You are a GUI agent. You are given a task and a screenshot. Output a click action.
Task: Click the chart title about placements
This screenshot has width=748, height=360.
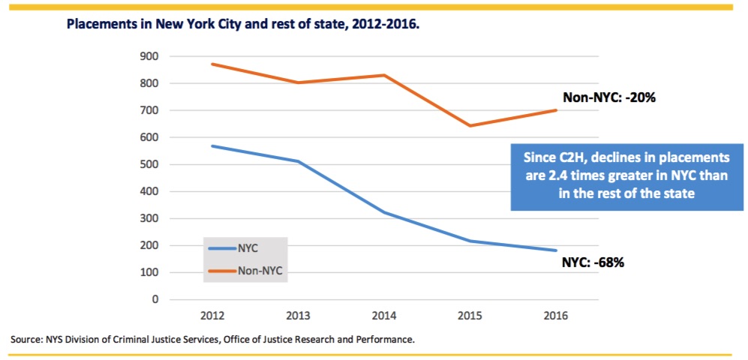point(242,24)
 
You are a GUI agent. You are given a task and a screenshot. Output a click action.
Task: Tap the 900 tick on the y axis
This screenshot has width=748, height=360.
point(149,56)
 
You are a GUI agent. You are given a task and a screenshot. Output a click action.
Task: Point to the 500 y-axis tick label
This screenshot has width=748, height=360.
point(149,164)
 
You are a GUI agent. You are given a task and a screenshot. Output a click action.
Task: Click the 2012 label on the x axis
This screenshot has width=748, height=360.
point(212,316)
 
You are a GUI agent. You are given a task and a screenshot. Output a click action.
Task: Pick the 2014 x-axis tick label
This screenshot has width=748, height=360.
point(385,316)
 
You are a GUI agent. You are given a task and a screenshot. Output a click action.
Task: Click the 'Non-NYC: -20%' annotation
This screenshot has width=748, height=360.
point(610,97)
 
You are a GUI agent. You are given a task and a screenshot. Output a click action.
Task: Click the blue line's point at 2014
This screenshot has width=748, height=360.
point(385,213)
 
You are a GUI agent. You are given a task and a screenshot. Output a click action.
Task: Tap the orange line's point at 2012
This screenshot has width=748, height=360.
point(212,64)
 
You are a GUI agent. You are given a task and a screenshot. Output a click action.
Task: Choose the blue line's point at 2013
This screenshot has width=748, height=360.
point(299,161)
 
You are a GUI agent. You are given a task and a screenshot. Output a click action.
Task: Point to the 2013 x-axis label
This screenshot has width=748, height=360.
point(299,316)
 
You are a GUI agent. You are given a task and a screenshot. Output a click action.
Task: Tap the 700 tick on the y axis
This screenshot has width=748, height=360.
point(149,110)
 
